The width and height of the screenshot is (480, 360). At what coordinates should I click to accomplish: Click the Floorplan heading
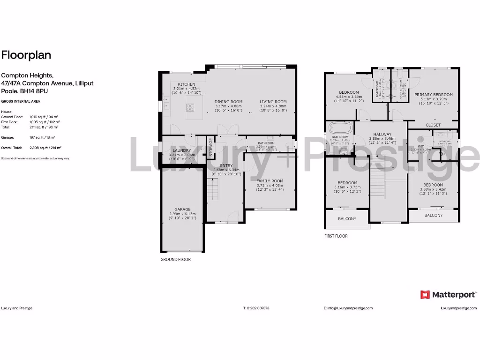[x=26, y=55]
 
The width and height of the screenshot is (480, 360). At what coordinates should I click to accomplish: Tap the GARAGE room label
[x=183, y=210]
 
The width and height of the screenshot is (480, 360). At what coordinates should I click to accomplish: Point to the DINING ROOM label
[x=228, y=102]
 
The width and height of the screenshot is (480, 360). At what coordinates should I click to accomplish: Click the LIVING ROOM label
[x=273, y=102]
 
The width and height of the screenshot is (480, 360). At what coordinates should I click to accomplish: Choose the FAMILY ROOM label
[x=270, y=180]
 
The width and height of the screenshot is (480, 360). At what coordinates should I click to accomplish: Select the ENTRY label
[x=226, y=165]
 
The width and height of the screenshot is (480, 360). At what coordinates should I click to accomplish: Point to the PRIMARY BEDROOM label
[x=434, y=95]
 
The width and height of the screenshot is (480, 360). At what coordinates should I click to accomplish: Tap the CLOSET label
[x=433, y=125]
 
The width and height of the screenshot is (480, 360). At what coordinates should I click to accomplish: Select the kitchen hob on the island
[x=191, y=107]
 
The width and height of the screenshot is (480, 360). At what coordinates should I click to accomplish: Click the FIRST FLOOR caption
[x=336, y=236]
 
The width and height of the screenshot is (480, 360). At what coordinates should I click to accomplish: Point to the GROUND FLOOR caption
[x=176, y=259]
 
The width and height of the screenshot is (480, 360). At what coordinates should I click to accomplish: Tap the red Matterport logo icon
[x=425, y=294]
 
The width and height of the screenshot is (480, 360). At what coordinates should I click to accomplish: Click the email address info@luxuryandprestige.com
[x=348, y=308]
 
